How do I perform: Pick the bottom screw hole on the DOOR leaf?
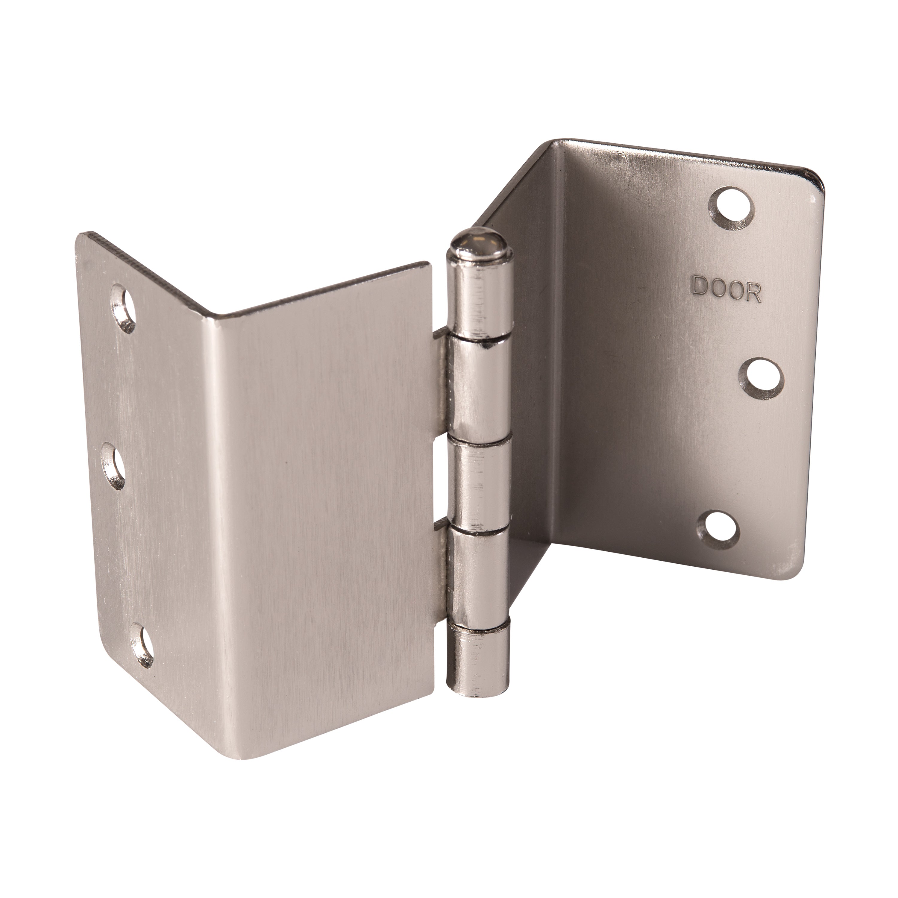(x=718, y=530)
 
